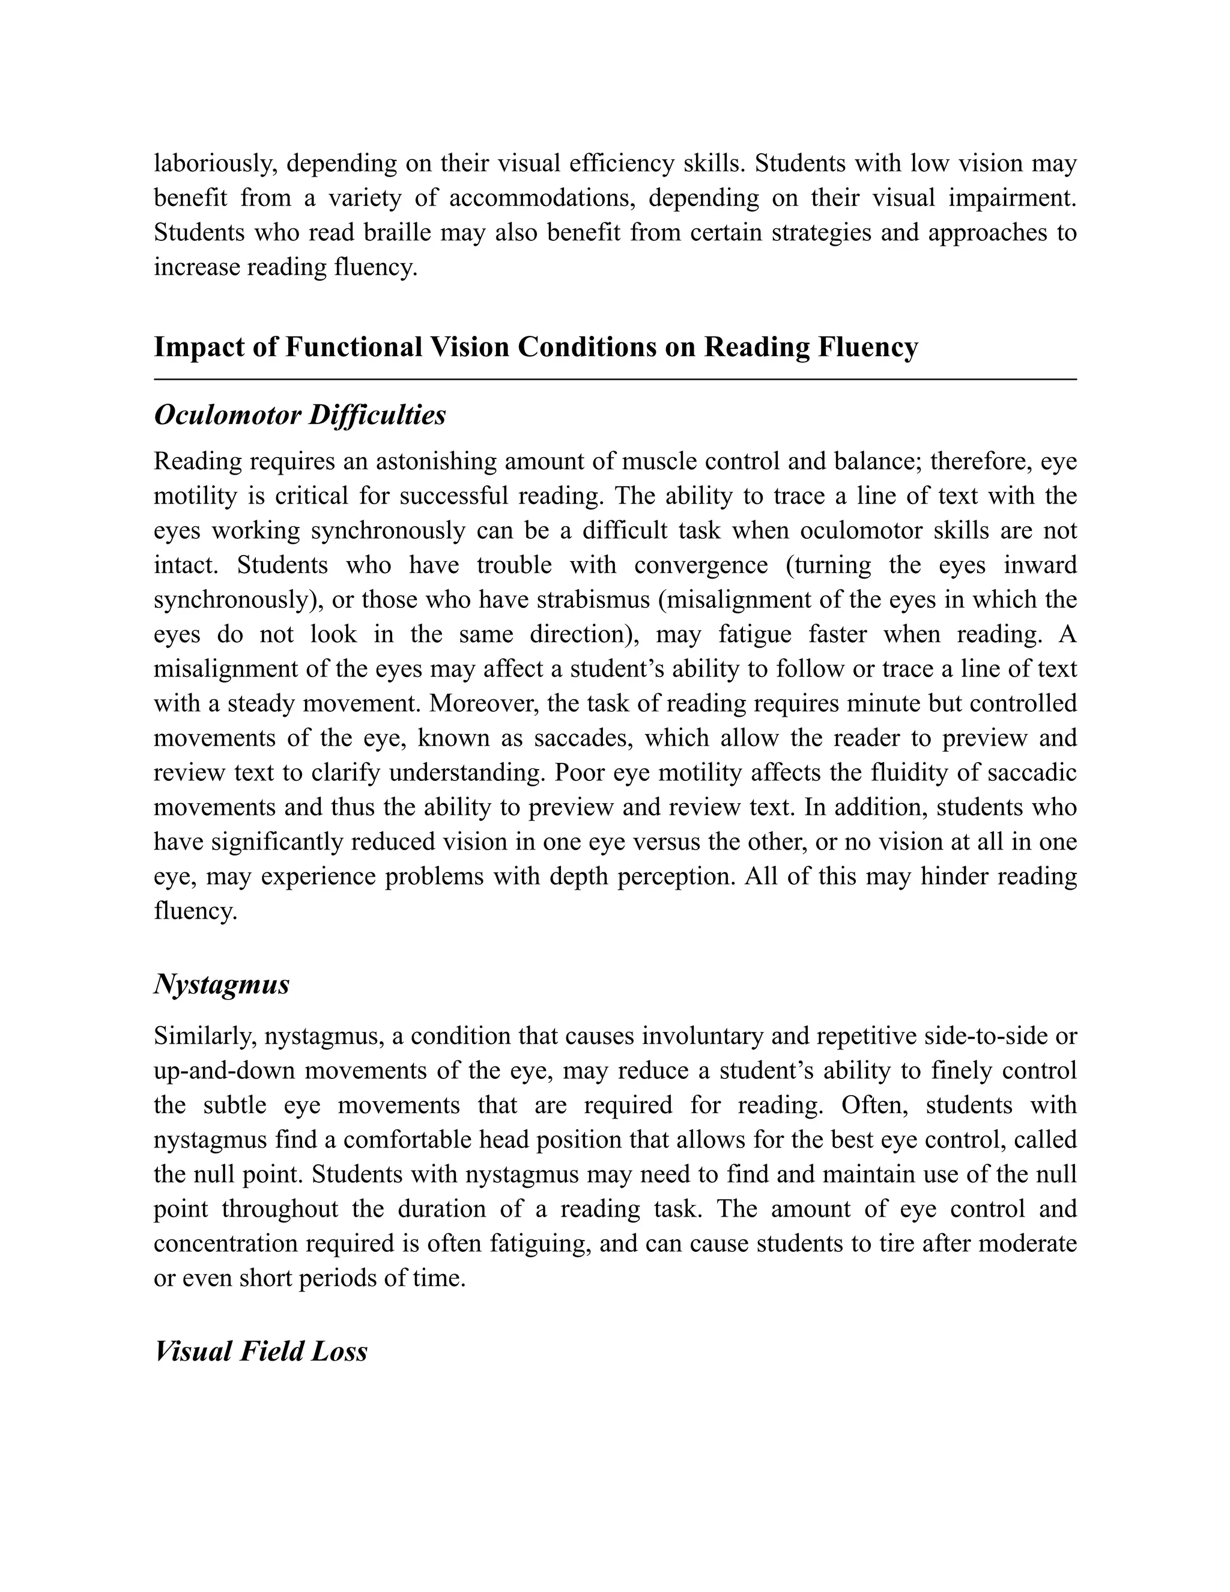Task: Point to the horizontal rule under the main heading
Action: click(615, 380)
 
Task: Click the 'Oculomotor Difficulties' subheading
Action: click(300, 416)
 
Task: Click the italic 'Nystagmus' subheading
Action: click(222, 985)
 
